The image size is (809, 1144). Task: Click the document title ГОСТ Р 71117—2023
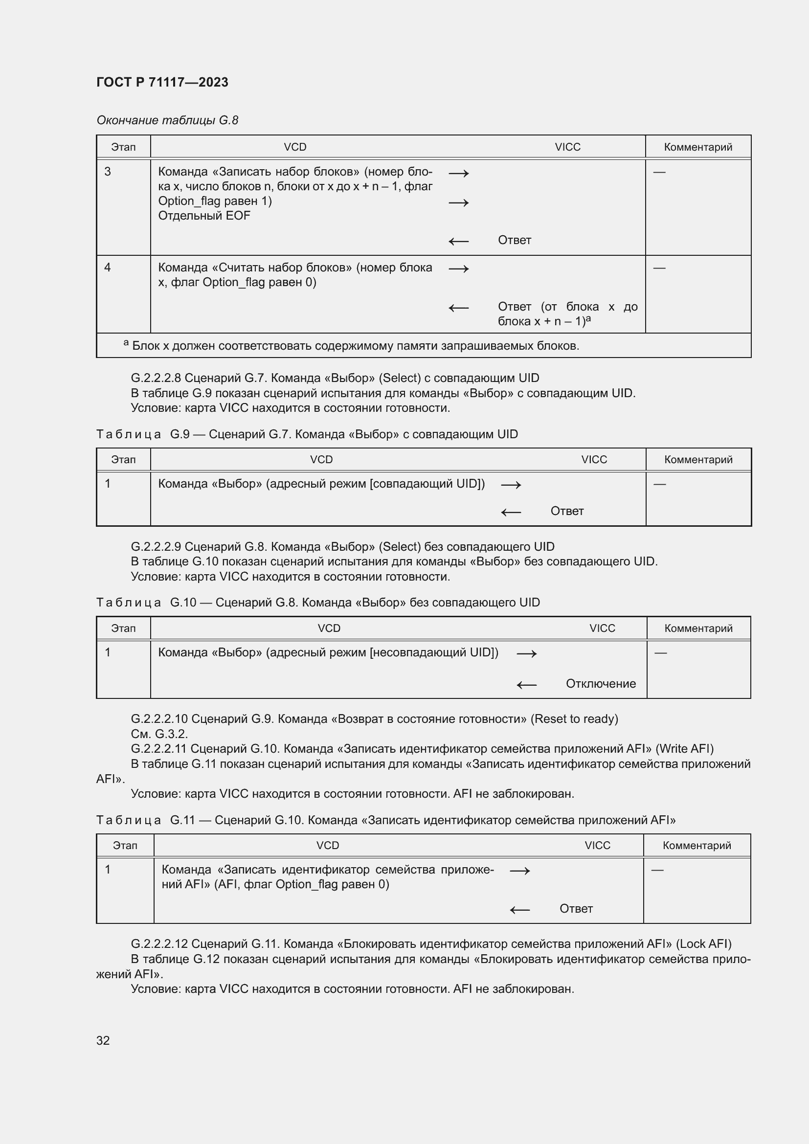pyautogui.click(x=162, y=82)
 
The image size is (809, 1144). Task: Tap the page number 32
pyautogui.click(x=103, y=1040)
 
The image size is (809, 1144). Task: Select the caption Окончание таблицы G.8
pyautogui.click(x=167, y=120)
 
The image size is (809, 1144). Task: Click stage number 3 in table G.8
pyautogui.click(x=108, y=172)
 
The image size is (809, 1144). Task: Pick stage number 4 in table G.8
pyautogui.click(x=108, y=268)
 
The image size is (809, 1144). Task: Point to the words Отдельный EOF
pyautogui.click(x=204, y=216)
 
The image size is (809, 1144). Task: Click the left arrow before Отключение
pyautogui.click(x=527, y=685)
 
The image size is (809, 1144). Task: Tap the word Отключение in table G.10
pyautogui.click(x=600, y=684)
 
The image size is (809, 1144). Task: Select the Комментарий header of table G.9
pyautogui.click(x=698, y=459)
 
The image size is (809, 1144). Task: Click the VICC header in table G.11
pyautogui.click(x=597, y=846)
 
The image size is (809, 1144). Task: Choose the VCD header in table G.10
pyautogui.click(x=329, y=628)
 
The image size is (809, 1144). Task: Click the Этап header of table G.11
pyautogui.click(x=125, y=846)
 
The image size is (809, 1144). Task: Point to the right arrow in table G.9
pyautogui.click(x=511, y=485)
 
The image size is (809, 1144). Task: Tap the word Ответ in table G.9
pyautogui.click(x=566, y=511)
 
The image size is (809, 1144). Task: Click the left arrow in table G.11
pyautogui.click(x=519, y=910)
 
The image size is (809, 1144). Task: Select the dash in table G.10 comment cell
pyautogui.click(x=660, y=653)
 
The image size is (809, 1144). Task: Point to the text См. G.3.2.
pyautogui.click(x=159, y=734)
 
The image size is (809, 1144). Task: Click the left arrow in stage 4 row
pyautogui.click(x=458, y=308)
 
